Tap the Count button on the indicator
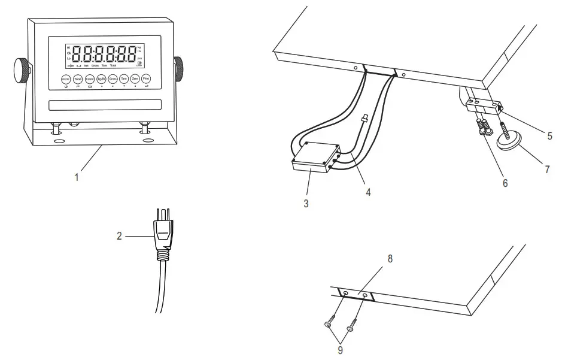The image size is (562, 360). [89, 79]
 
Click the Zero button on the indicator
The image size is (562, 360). [135, 79]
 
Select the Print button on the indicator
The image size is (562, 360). [146, 79]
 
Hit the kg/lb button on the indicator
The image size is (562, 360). [101, 79]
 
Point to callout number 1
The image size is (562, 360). [76, 177]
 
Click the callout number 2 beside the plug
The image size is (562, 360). [120, 236]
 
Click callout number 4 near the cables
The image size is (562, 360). [369, 192]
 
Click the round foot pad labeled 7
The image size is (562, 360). [509, 142]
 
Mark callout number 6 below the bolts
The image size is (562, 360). [505, 183]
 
